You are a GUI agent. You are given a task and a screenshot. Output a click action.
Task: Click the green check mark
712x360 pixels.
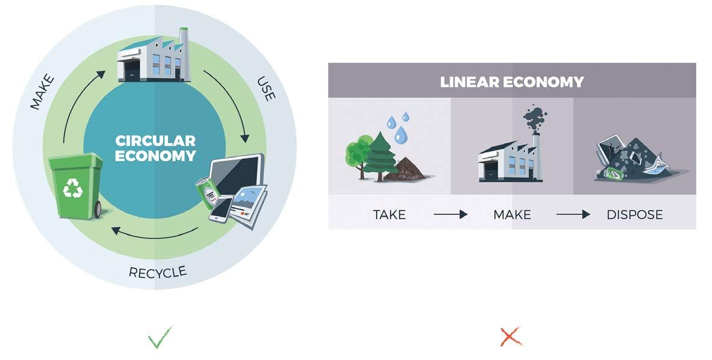(159, 337)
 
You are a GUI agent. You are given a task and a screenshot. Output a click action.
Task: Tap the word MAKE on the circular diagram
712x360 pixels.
(43, 92)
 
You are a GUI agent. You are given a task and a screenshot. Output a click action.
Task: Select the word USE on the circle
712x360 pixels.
(265, 88)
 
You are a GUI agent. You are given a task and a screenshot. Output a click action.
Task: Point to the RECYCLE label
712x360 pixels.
(158, 272)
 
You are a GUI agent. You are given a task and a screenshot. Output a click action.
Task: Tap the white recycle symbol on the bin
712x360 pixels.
(73, 188)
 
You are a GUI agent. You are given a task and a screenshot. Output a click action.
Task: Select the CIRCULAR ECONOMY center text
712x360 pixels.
(156, 148)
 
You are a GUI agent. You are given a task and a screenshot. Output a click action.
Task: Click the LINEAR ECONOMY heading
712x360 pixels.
(512, 81)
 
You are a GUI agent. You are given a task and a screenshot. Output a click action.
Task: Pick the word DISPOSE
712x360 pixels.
(634, 214)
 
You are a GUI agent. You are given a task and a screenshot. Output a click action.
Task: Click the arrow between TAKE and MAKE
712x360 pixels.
(450, 214)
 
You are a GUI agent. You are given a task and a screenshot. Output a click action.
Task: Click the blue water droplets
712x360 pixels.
(397, 125)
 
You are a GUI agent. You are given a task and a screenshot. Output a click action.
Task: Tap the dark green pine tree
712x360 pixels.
(380, 155)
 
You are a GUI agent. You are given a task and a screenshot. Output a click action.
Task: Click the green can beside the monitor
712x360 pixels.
(206, 190)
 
